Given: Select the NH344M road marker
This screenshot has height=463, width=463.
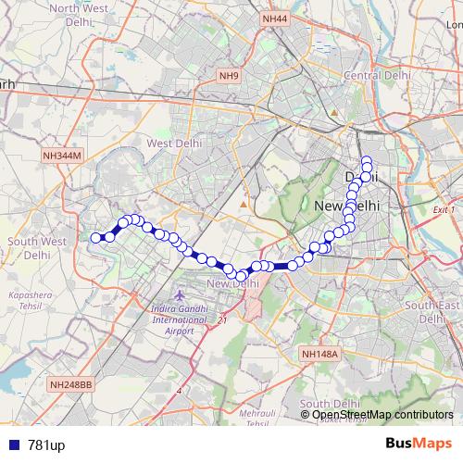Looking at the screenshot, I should pos(62,157).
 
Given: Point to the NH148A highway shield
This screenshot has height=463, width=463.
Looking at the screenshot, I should pos(321,354).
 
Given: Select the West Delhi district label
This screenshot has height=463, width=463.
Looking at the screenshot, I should pos(174,144).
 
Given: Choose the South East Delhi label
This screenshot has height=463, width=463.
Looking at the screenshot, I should pos(432,311).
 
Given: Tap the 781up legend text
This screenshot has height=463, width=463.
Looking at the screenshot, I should pos(46,446).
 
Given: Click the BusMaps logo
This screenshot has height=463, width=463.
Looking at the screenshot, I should pos(419,444).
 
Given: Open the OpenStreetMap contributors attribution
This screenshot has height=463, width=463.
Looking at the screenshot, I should pos(382,415).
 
